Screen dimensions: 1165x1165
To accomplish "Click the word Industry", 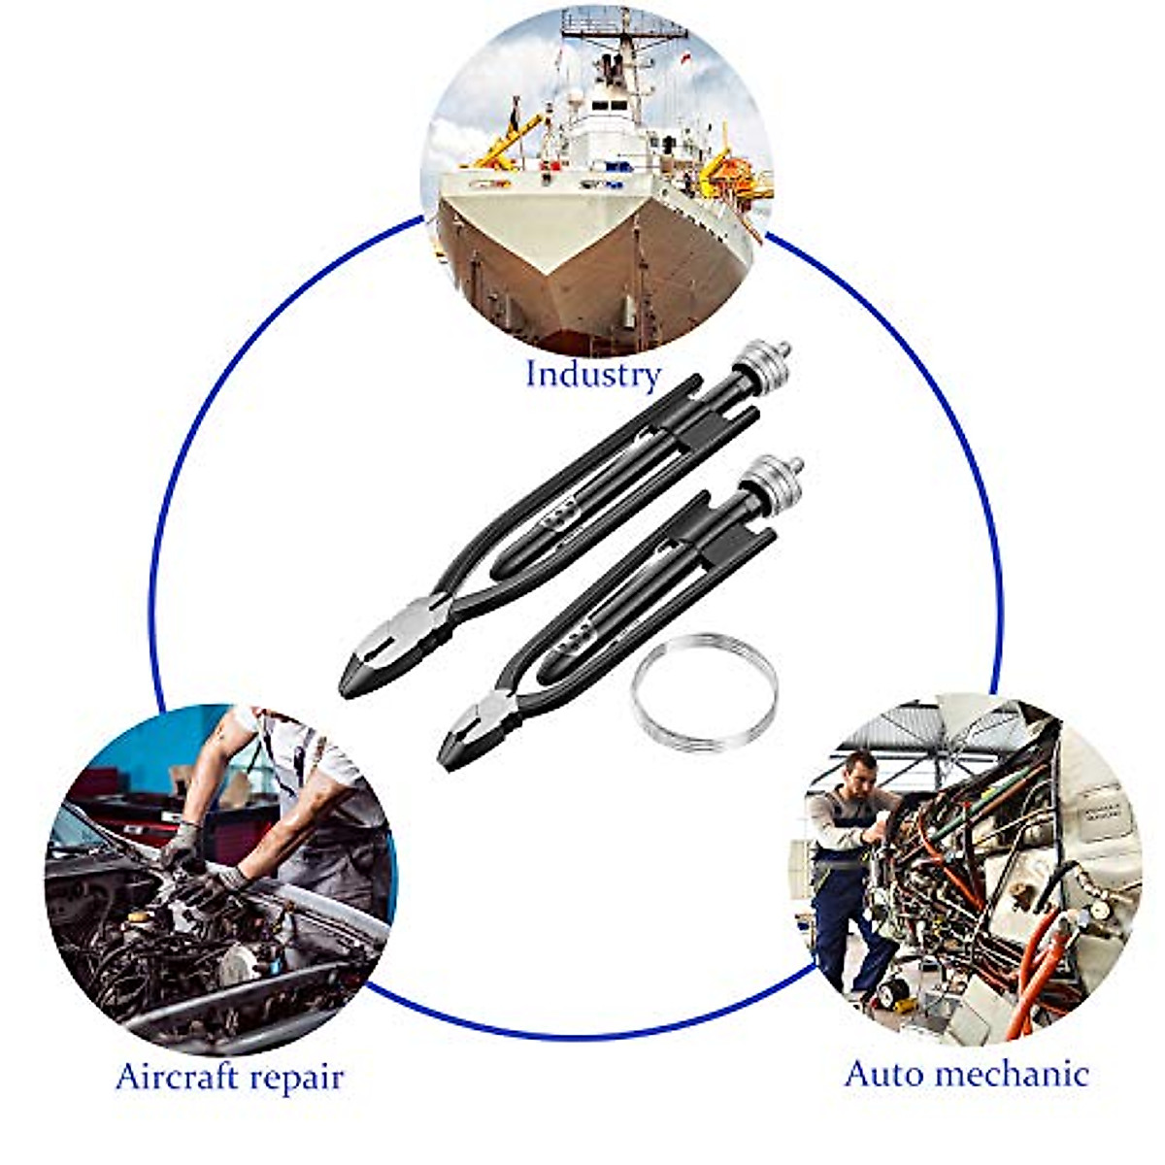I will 592,374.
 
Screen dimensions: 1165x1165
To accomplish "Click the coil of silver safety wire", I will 704,692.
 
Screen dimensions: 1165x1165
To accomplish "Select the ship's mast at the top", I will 612,39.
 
